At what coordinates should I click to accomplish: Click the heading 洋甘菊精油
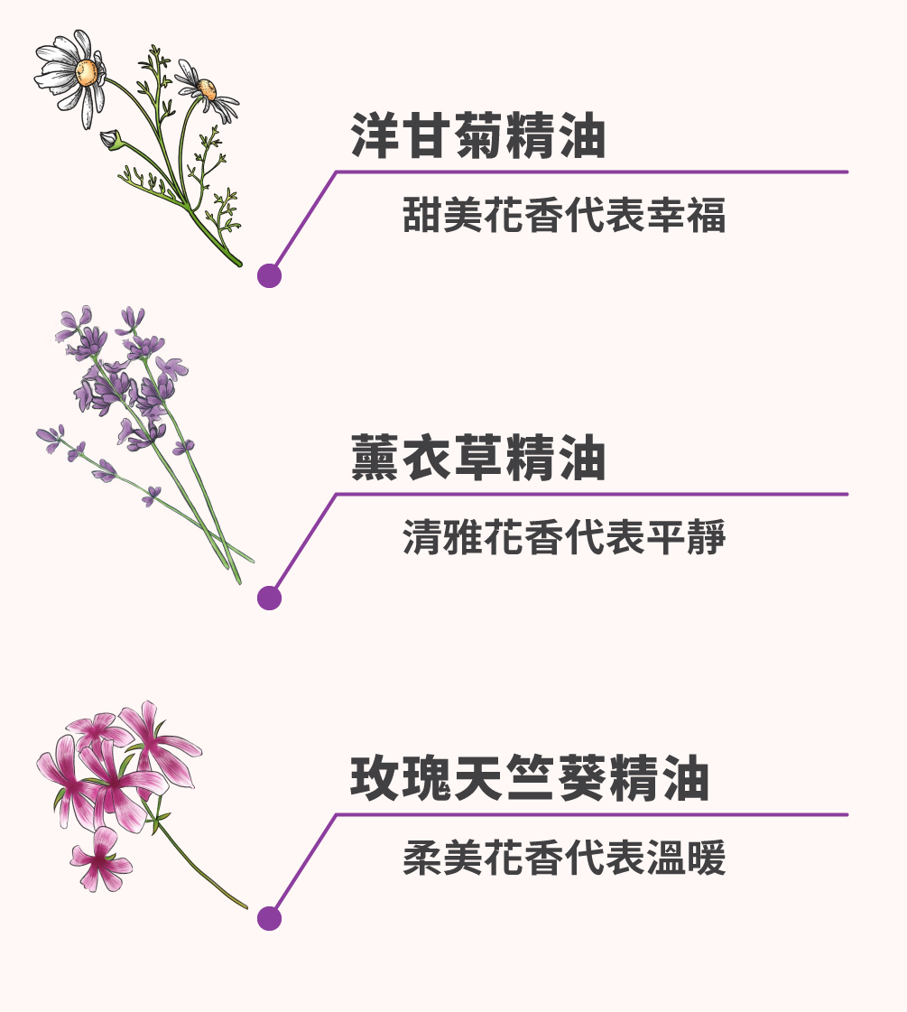[477, 136]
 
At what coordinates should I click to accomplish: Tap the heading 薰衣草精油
[477, 459]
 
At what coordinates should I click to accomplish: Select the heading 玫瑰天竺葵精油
[529, 779]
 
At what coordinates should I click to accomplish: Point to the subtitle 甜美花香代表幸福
[564, 216]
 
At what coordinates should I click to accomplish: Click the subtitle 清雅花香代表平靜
[564, 538]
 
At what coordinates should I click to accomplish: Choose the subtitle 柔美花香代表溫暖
[564, 859]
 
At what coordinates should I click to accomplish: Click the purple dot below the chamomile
[269, 275]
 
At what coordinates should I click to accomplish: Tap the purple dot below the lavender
[269, 597]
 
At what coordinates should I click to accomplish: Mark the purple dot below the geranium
[269, 918]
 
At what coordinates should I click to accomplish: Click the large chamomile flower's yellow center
[88, 71]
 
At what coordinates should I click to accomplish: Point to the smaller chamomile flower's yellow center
[207, 89]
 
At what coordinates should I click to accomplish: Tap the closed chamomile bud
[111, 139]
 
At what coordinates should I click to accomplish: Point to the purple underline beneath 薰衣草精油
[591, 494]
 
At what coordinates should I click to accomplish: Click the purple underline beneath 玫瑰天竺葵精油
[591, 814]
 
